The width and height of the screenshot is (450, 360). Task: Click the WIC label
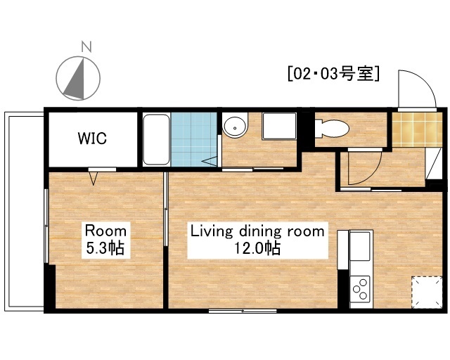pos(92,139)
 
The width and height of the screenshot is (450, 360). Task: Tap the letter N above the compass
pos(86,47)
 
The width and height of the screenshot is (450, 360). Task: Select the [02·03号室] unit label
pos(333,72)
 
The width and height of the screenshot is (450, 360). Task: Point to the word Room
pos(105,231)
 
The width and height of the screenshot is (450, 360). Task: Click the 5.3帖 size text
pos(106,247)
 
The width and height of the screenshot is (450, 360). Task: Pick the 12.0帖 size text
pos(258,247)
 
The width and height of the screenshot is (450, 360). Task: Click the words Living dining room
pos(258,231)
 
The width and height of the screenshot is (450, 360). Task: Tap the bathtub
pos(156,140)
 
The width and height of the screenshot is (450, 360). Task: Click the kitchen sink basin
pos(361,246)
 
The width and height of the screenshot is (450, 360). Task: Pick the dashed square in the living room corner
pos(425,290)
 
